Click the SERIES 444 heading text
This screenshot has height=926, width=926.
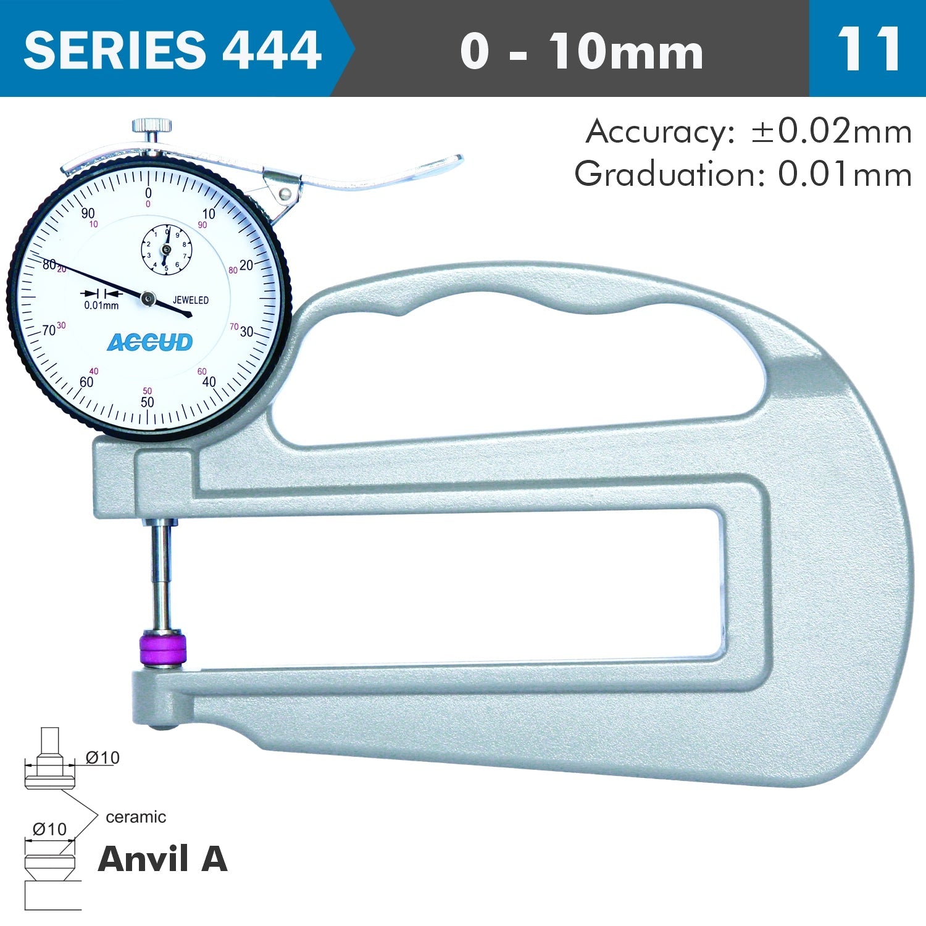(172, 49)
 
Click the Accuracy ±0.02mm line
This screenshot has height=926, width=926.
(748, 132)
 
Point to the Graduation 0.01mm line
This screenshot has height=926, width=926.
(743, 175)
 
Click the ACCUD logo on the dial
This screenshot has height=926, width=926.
(150, 343)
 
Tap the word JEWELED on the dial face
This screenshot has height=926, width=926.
(190, 301)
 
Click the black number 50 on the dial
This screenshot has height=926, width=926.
(147, 403)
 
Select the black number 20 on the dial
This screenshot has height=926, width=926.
(246, 265)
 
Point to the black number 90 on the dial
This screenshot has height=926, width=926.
(88, 214)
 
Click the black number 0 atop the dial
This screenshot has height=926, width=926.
(148, 193)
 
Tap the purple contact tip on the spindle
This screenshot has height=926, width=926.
(163, 648)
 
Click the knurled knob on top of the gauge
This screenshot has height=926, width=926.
(151, 127)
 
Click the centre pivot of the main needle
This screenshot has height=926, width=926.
(148, 299)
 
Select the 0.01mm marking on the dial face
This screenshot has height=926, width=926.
(101, 306)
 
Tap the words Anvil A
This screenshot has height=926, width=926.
(163, 859)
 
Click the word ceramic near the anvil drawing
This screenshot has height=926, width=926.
(136, 817)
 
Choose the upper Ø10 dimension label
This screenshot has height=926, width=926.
(102, 757)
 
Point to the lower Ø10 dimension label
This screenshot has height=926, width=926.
(49, 829)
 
